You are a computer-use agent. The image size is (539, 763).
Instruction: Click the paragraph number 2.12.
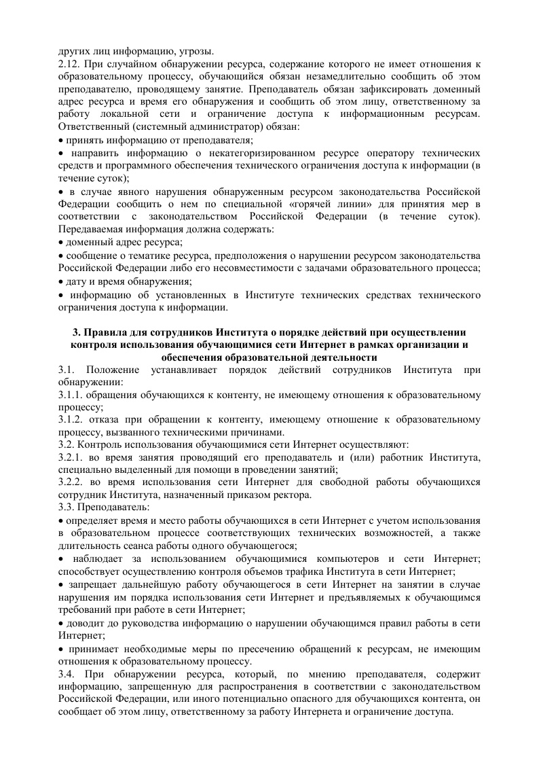(x=68, y=63)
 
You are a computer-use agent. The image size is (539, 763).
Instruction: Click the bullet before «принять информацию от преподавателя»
(x=60, y=140)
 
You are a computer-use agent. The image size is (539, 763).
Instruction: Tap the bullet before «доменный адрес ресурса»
(x=60, y=242)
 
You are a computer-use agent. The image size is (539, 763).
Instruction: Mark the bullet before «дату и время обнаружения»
(x=60, y=281)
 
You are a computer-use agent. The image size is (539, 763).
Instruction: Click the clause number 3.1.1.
(x=71, y=395)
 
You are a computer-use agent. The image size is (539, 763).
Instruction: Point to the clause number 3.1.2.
(x=71, y=421)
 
